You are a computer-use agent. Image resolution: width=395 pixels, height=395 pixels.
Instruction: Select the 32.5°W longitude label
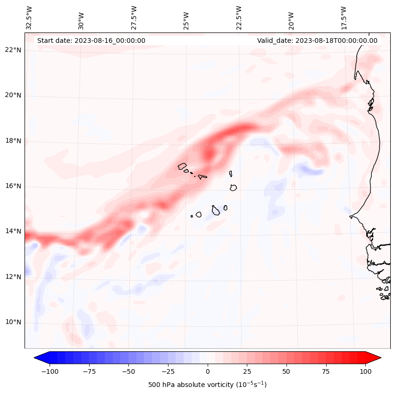coord(29,18)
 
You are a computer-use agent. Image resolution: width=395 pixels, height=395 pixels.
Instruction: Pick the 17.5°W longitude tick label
coord(343,18)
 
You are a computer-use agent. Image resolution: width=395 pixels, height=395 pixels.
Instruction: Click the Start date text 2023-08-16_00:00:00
coord(91,40)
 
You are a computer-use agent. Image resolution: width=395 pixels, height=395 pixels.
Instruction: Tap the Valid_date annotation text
coord(317,40)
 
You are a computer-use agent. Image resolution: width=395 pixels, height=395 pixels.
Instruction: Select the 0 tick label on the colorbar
coord(207,371)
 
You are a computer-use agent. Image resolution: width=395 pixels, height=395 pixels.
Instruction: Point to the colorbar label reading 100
coord(365,371)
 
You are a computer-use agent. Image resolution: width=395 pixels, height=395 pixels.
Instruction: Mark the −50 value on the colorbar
coord(128,371)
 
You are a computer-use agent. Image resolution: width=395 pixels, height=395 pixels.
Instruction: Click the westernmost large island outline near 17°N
coord(182,166)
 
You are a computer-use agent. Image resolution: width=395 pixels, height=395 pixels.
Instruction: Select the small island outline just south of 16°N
coord(233,187)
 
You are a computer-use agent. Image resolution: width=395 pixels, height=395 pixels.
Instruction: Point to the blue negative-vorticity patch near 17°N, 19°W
coord(309,169)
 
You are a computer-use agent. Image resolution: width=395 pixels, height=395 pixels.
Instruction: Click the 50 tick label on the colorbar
coord(286,371)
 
